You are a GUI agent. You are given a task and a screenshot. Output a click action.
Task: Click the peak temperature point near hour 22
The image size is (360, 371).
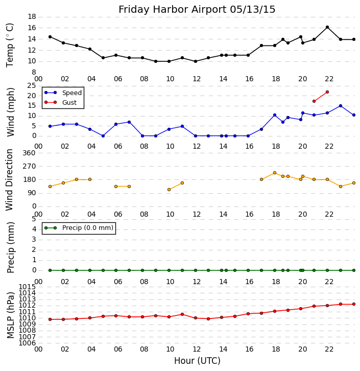327,27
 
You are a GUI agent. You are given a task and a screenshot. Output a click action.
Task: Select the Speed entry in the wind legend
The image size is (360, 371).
71,93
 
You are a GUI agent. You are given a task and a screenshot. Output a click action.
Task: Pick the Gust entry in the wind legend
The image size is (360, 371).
69,103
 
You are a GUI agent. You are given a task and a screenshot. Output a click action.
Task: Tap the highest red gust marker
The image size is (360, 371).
327,92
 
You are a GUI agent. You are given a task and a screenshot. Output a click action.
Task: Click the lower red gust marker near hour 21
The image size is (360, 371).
314,101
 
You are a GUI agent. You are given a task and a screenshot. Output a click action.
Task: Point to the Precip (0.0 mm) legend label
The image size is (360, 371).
87,228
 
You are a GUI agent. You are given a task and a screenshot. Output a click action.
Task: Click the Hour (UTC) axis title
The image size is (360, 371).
197,361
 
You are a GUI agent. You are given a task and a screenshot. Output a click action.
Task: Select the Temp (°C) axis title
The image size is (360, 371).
10,44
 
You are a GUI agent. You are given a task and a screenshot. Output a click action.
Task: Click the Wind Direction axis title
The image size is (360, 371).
10,180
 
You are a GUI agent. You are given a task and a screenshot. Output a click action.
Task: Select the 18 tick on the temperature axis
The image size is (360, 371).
32,16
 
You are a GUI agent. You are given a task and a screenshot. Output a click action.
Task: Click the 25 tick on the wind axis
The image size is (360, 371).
32,85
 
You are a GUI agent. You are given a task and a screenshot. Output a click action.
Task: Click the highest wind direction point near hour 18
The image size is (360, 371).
275,173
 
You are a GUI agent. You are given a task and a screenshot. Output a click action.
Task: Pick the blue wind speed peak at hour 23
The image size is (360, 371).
341,106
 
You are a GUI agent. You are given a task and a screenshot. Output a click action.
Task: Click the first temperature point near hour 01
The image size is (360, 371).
50,37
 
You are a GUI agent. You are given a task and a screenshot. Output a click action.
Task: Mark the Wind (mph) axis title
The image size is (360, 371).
10,111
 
